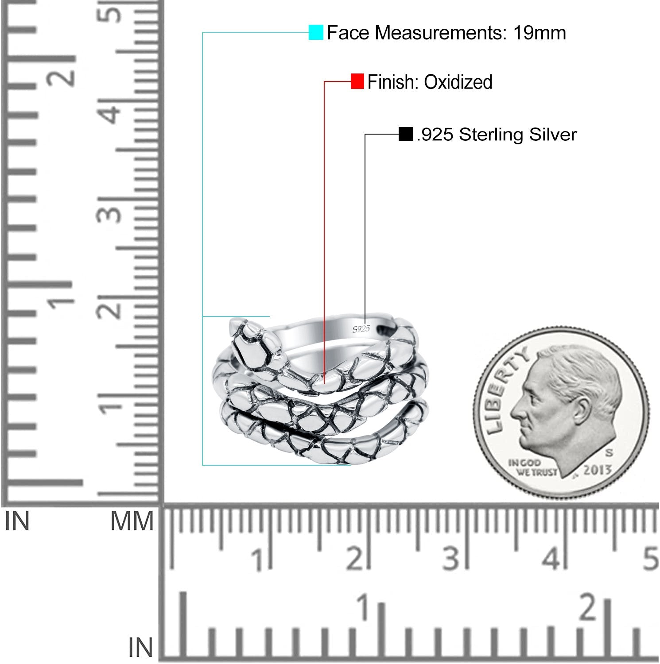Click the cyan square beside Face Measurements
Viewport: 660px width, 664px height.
316,33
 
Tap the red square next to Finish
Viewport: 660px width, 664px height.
357,81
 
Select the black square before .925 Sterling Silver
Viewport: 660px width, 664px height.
406,134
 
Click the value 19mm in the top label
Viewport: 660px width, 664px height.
540,33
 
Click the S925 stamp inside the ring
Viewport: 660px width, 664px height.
361,328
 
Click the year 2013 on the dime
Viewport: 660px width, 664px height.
597,470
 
